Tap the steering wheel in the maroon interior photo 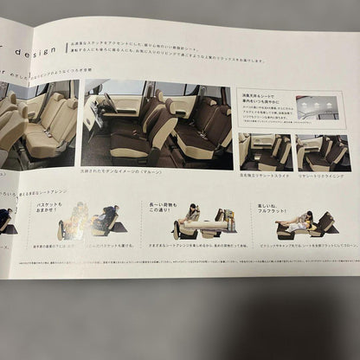105,105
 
